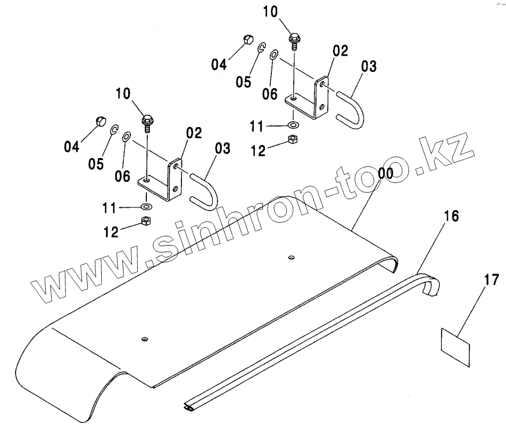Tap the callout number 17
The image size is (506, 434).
492,278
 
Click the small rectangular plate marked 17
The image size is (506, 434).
456,346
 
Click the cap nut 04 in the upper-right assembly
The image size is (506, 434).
247,40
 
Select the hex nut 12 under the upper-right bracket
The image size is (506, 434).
292,140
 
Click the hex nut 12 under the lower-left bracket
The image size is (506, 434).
145,221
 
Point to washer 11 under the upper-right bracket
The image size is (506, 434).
293,125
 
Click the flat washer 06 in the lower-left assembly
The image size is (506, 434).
127,137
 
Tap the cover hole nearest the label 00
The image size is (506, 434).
291,258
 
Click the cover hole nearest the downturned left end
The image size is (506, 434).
144,339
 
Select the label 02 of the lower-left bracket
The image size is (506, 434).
194,133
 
